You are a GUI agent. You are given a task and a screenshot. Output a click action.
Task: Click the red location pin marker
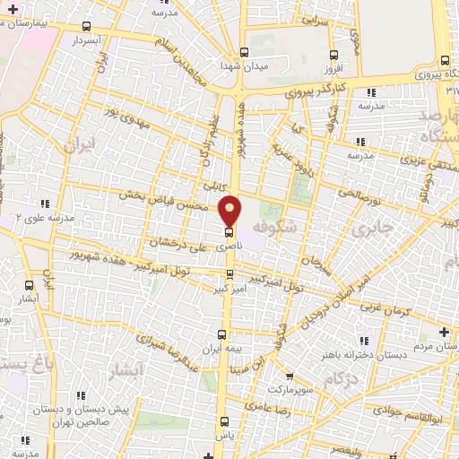coord(229,210)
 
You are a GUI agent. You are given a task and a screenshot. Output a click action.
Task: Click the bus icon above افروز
coord(334,53)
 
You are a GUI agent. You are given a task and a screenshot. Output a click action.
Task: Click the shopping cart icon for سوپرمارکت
coord(289,377)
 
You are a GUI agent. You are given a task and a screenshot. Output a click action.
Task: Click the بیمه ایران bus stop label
coord(198,348)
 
